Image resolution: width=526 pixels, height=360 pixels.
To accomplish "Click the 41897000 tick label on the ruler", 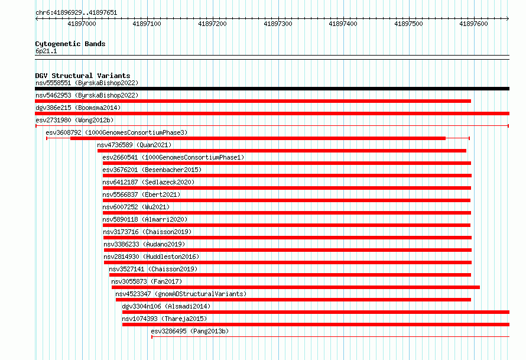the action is [82, 24].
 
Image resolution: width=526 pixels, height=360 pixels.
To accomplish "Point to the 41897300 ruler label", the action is [278, 24].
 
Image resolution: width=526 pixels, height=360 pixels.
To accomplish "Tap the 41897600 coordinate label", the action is [473, 24].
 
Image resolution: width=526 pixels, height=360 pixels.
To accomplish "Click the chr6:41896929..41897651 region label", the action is [76, 13].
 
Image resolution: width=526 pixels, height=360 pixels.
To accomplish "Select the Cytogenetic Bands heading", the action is [70, 44].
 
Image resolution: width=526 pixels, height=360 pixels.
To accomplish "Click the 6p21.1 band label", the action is [46, 51].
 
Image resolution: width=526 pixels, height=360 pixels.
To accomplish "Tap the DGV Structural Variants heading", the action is [83, 76].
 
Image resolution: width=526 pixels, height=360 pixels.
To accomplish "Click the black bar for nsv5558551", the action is [272, 89].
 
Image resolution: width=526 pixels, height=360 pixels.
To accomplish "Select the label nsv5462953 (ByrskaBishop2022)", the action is [87, 95].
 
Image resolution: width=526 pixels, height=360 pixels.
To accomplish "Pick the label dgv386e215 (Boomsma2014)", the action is [78, 108].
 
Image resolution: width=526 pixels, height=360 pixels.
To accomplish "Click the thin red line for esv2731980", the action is [272, 126].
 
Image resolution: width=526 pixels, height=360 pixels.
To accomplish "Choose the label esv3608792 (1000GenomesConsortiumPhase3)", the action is [117, 132].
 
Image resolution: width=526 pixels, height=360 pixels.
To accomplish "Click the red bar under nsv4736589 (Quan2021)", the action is [282, 151].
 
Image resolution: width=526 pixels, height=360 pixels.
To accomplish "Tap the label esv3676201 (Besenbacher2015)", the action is [152, 170].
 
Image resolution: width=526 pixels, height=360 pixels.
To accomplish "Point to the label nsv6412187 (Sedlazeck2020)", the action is [148, 182].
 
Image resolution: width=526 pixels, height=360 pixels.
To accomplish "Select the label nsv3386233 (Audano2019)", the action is [144, 244].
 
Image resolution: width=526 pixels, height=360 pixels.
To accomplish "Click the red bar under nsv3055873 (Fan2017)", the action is [296, 287].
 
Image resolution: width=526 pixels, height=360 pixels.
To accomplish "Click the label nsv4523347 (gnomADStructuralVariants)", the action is [181, 294].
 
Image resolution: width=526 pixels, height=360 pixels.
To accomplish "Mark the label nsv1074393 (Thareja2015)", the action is [164, 319].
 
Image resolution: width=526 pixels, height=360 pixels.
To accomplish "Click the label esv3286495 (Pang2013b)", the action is [190, 331].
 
